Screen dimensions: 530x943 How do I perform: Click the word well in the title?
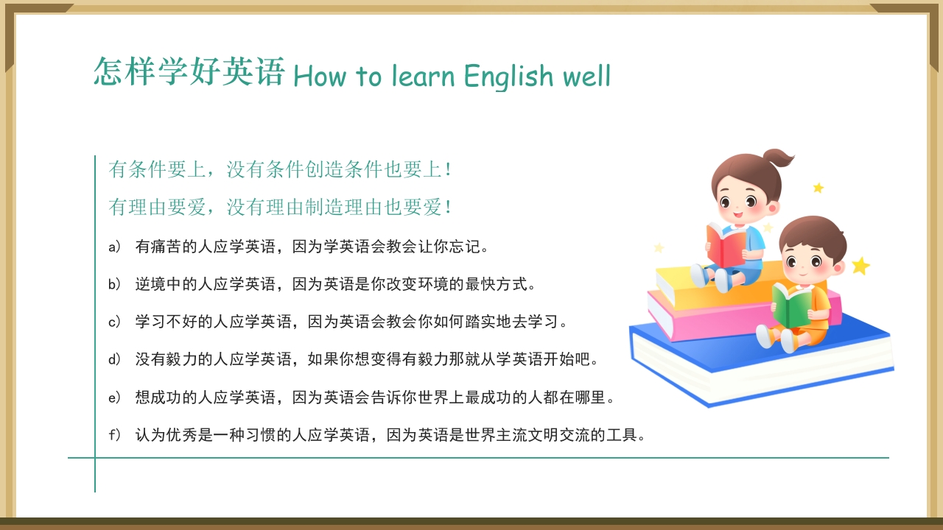click(x=586, y=75)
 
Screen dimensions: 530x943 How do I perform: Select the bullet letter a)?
click(x=114, y=247)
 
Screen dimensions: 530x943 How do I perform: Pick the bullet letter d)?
click(x=114, y=359)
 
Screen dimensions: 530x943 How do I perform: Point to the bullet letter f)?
click(x=114, y=435)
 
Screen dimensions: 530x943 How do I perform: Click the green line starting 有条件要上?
click(x=280, y=169)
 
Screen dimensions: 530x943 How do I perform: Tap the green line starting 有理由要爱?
click(x=280, y=208)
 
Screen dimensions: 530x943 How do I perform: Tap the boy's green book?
click(x=790, y=305)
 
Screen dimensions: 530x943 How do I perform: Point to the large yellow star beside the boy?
click(x=860, y=266)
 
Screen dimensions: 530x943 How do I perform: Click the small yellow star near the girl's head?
click(x=818, y=188)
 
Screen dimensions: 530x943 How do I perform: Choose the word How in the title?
click(x=320, y=76)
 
